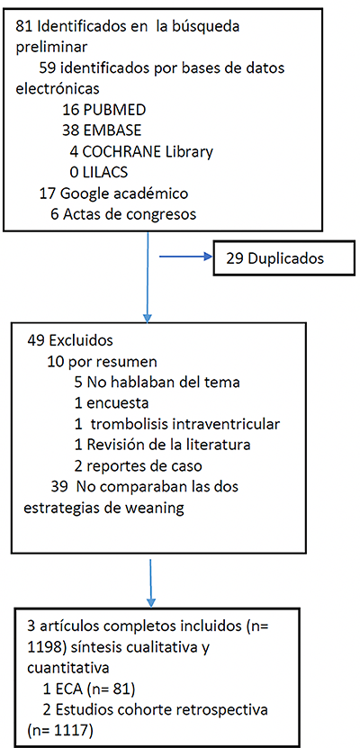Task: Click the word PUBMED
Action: pos(114,110)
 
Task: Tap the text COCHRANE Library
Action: pos(148,152)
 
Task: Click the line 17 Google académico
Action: pos(113,194)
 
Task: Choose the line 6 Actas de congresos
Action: pos(123,214)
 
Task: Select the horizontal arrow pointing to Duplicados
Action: pos(185,257)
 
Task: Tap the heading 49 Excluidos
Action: pos(70,341)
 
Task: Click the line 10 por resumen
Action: pos(102,363)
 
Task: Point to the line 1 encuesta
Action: pos(111,403)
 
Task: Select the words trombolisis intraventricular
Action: pos(185,424)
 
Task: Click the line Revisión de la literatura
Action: pos(169,445)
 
